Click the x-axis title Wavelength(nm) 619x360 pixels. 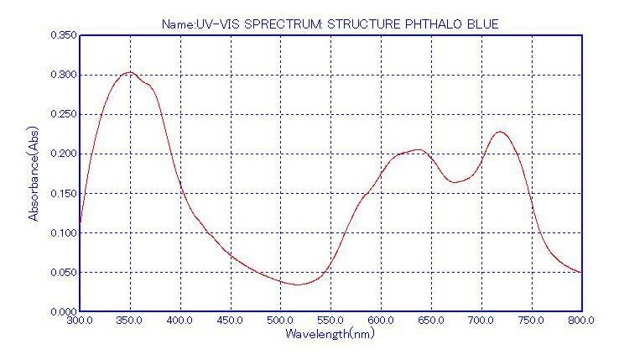point(330,334)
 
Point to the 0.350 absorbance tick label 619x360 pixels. point(63,35)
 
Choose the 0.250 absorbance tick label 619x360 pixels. point(63,114)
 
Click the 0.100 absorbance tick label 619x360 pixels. point(63,232)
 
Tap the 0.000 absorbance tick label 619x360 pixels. point(63,311)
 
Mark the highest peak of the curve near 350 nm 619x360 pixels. point(128,72)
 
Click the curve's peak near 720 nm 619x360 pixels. point(501,132)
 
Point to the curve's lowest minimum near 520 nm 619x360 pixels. point(298,284)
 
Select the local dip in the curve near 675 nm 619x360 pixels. point(455,182)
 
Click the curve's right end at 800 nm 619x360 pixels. point(580,273)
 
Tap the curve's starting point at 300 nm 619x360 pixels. point(80,228)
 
